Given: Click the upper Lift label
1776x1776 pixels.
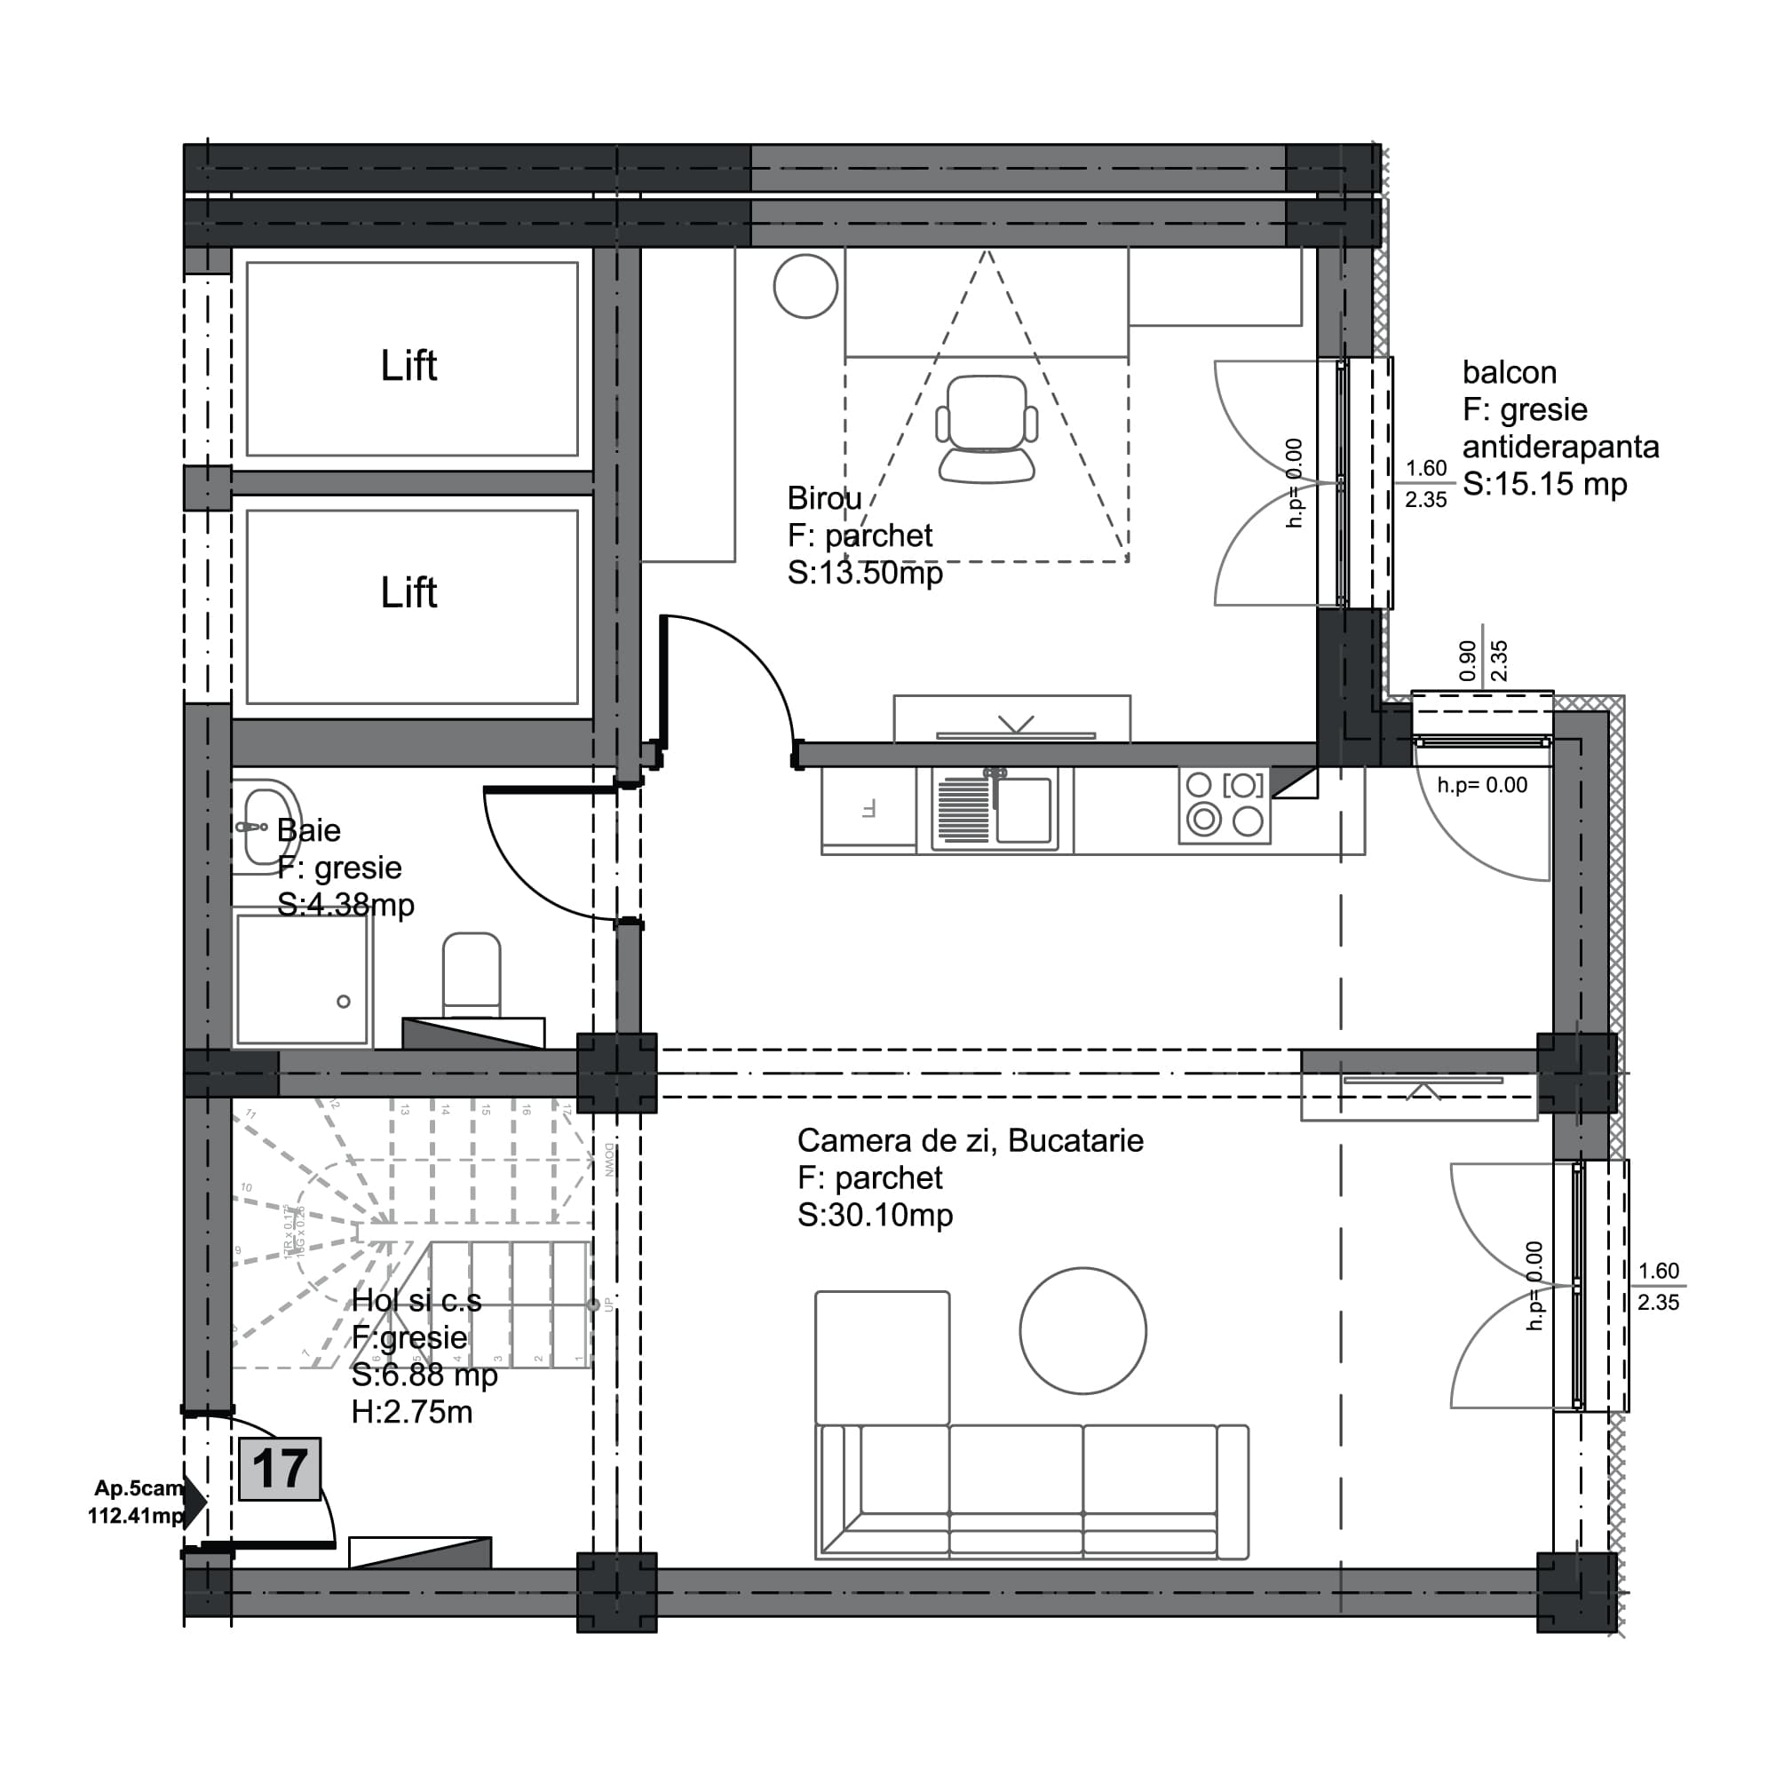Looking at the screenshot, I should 408,366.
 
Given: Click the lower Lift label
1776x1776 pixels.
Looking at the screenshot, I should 408,593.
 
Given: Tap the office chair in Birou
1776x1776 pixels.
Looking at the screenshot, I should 987,427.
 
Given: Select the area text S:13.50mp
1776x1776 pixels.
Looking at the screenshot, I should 865,574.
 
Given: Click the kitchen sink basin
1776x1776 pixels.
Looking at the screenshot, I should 1023,809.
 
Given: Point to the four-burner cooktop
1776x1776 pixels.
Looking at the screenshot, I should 1225,805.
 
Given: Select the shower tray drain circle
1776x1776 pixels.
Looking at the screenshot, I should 344,1002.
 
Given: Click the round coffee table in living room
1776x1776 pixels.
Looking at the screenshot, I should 1082,1330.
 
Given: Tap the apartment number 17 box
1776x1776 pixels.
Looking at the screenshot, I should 280,1469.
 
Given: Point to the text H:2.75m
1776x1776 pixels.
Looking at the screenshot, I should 412,1412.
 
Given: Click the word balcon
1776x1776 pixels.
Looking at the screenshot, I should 1510,372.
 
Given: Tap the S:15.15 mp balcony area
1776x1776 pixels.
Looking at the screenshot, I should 1544,485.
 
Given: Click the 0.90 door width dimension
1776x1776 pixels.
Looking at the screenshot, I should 1468,660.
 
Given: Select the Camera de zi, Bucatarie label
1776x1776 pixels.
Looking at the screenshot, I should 970,1141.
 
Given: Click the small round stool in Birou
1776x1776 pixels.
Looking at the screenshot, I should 805,287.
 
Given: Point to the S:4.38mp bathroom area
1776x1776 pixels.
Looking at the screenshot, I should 345,905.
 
